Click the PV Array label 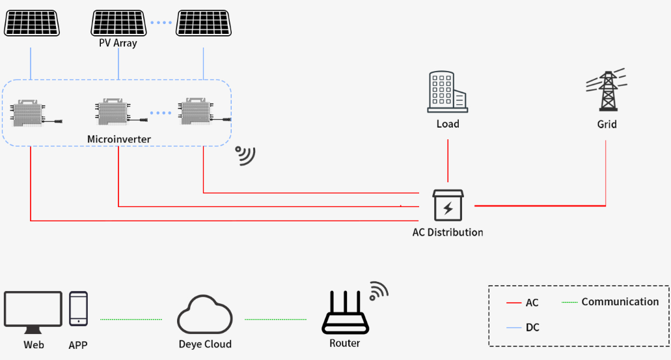[x=118, y=43]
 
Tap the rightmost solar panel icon [x=202, y=23]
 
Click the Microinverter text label [x=118, y=139]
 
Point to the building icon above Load [x=447, y=91]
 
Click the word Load [x=448, y=124]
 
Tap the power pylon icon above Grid [x=607, y=91]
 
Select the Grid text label [x=607, y=124]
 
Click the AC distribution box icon [x=448, y=206]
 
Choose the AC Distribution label [x=448, y=232]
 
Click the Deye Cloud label [x=205, y=344]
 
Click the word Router [x=344, y=343]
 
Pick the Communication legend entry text [x=620, y=301]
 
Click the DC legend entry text [x=532, y=327]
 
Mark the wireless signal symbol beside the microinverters [x=245, y=155]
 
